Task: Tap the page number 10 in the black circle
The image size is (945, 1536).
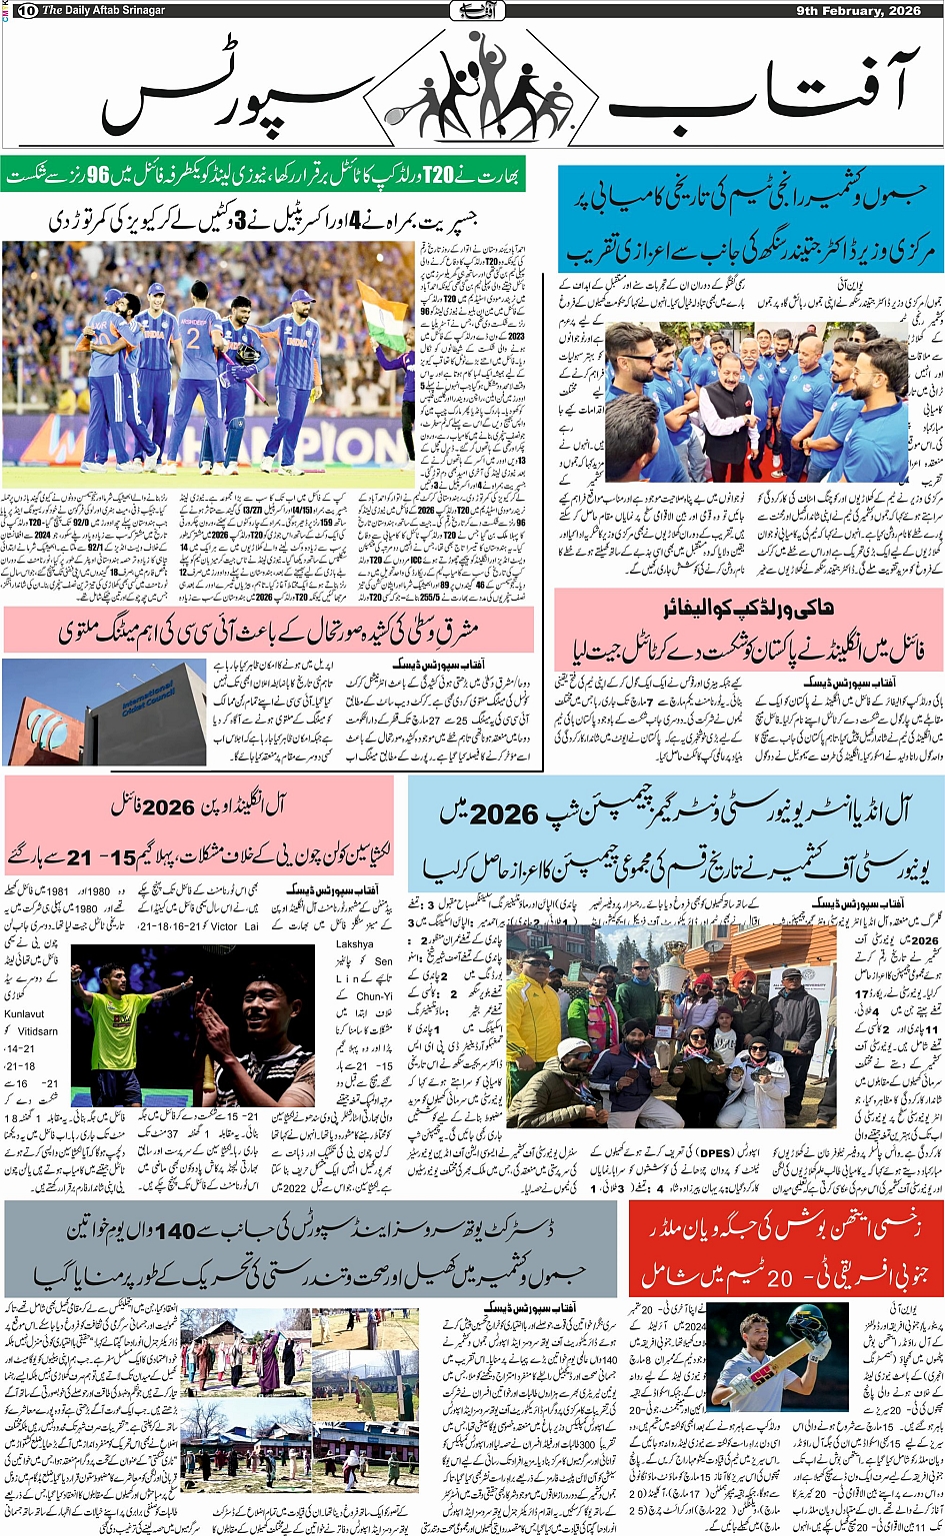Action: point(27,11)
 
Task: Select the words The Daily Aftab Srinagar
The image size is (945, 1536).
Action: point(103,10)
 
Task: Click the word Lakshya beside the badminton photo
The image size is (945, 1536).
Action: point(355,943)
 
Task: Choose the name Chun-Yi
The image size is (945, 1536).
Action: point(374,995)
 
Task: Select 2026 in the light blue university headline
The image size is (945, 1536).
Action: point(505,813)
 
